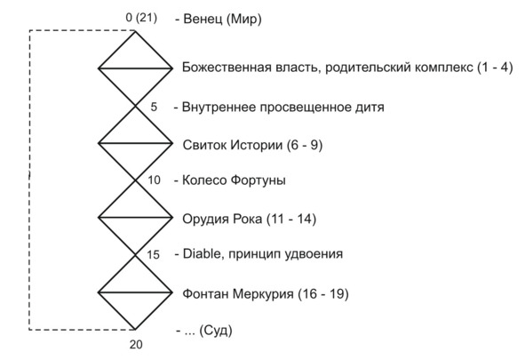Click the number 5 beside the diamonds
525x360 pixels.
tap(154, 107)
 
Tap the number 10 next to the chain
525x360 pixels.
tap(154, 180)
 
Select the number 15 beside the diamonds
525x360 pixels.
tap(153, 255)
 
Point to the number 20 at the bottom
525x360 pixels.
tap(136, 344)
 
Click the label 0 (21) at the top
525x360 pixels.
tap(141, 18)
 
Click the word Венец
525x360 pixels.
tap(203, 19)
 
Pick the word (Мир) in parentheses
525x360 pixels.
tap(244, 19)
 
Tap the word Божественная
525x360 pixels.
tap(227, 68)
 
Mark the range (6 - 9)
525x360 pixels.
tap(305, 146)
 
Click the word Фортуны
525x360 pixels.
tap(259, 180)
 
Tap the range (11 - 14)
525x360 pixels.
tap(291, 219)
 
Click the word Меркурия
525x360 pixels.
tap(263, 294)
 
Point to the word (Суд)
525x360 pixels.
tap(216, 331)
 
